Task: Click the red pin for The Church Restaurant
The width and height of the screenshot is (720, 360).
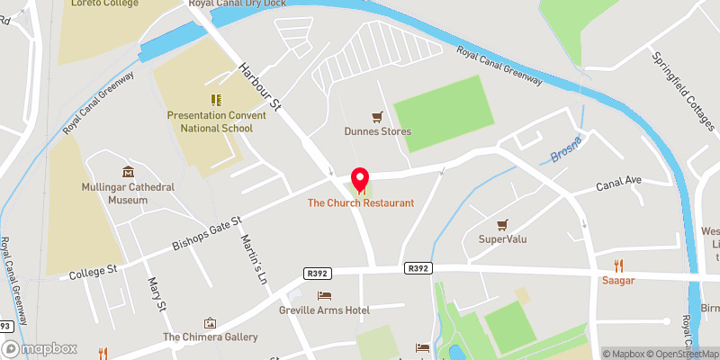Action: tap(360, 179)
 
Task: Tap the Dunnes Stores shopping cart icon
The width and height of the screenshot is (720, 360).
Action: tap(378, 117)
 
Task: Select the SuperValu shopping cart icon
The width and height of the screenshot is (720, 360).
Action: tap(503, 224)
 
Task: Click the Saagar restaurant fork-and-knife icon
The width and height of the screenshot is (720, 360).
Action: tap(618, 265)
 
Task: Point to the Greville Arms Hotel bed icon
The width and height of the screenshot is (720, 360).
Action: tap(324, 295)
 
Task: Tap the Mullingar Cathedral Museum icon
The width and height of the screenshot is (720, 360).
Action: tap(127, 172)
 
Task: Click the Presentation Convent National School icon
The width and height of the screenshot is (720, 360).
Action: tap(215, 100)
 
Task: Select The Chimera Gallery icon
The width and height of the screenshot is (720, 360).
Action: tap(210, 322)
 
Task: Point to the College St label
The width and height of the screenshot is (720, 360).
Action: tap(94, 269)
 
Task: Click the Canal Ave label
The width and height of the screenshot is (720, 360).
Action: tap(618, 184)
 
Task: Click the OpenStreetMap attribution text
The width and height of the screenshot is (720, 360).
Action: tap(681, 354)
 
